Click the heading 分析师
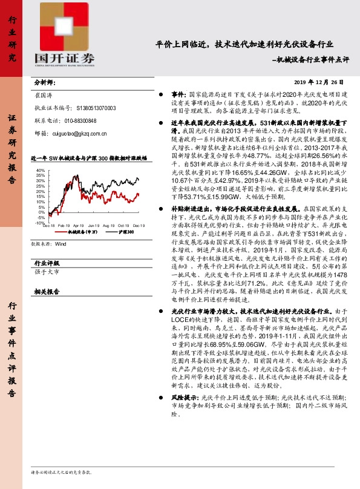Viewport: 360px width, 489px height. click(45, 82)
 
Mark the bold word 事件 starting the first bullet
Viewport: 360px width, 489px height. click(178, 95)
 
